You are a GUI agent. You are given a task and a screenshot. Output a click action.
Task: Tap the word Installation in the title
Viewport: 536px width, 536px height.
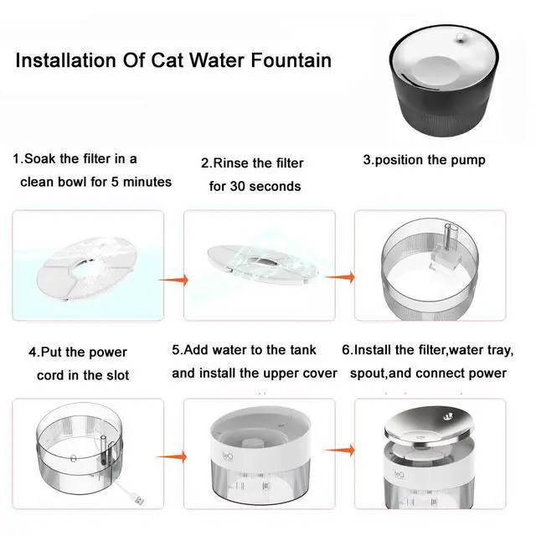(64, 60)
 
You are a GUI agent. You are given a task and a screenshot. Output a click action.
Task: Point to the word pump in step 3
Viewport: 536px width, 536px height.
(466, 159)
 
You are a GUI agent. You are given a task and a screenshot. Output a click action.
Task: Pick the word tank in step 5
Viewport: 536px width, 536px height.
(297, 348)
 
